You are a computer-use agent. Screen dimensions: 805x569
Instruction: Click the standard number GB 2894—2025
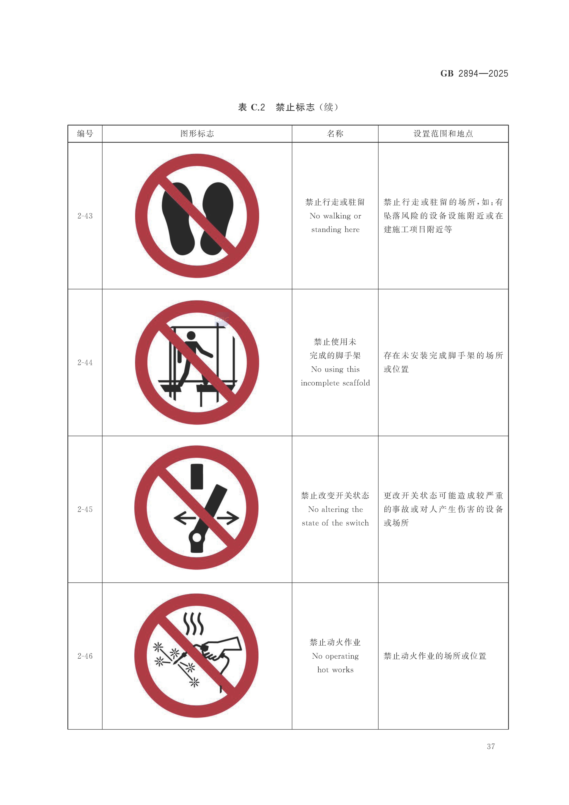click(474, 74)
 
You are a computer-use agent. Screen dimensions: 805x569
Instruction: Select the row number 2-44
click(85, 363)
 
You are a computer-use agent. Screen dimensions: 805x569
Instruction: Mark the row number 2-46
click(85, 656)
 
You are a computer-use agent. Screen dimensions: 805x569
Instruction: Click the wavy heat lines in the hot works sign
click(194, 624)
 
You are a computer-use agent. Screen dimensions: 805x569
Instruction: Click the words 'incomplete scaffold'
click(335, 383)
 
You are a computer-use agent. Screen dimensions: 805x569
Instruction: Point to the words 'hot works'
click(335, 670)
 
